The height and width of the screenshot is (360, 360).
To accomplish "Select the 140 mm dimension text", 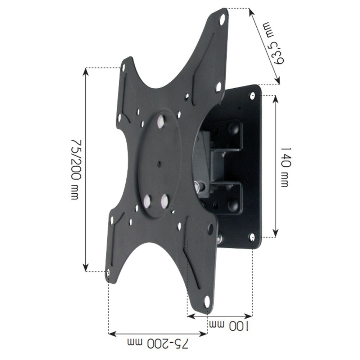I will coord(285,166).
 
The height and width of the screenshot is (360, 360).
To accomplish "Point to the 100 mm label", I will coord(229,326).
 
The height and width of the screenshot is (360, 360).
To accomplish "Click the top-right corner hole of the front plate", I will coord(223,17).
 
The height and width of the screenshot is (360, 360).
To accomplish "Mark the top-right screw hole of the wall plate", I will coord(253,95).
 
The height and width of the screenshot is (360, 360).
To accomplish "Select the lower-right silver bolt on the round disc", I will coord(165,199).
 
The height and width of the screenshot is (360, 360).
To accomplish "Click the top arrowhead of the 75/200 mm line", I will coord(86,71).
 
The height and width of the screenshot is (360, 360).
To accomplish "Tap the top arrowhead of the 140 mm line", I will coord(275,98).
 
